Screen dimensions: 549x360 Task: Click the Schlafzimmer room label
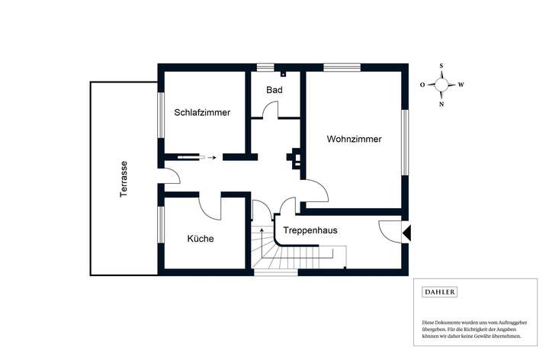(202, 112)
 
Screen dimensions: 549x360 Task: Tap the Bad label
(274, 90)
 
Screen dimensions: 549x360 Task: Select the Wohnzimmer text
(354, 139)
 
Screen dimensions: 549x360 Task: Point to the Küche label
(201, 239)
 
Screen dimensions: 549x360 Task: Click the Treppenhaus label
(310, 230)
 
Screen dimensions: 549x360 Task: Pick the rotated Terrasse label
(124, 179)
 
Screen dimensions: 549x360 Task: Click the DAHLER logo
(440, 291)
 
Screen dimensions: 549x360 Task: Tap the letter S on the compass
(441, 66)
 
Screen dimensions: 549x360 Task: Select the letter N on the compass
(441, 104)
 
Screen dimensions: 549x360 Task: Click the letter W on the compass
(461, 85)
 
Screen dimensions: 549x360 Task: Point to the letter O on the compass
(422, 85)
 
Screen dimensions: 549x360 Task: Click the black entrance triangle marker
(406, 233)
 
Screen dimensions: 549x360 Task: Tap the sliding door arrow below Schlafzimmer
(212, 158)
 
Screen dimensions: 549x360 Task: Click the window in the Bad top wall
(265, 67)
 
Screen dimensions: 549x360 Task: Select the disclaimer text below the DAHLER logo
(474, 329)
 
